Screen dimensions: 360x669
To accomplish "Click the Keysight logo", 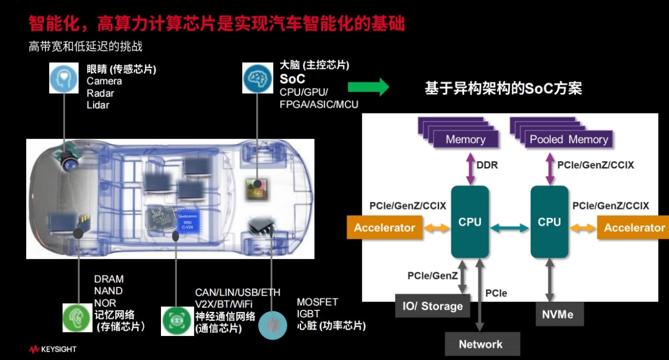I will click(x=53, y=349).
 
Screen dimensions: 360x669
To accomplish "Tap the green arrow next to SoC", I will click(x=368, y=87).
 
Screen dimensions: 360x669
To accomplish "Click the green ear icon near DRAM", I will click(x=77, y=317).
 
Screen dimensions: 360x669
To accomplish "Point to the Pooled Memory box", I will click(x=569, y=140).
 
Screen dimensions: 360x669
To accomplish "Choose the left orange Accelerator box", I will click(x=384, y=228).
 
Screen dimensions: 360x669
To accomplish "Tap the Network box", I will click(x=480, y=344).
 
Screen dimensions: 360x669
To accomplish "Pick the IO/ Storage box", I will click(x=432, y=306).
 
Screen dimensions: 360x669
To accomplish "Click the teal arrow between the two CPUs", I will click(x=510, y=227).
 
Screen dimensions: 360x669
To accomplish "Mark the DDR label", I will click(x=487, y=165).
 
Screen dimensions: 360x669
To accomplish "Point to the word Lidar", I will click(x=98, y=105).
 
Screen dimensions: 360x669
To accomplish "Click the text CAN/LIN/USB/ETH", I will click(x=238, y=292).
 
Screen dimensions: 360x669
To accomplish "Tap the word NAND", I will click(x=108, y=291).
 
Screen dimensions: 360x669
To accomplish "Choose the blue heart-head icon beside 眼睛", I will click(x=64, y=78).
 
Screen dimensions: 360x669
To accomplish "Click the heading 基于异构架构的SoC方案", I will click(x=503, y=88).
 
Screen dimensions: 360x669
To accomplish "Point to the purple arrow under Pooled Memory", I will click(x=549, y=165).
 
